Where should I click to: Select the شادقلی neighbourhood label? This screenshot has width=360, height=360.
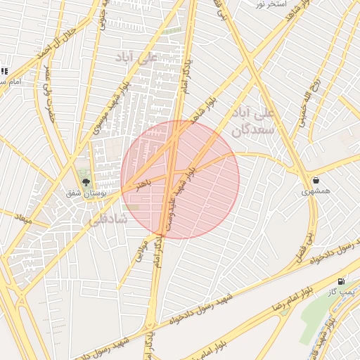(107, 219)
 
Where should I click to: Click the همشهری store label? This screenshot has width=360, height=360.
(315, 191)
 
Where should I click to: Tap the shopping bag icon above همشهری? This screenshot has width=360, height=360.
(315, 180)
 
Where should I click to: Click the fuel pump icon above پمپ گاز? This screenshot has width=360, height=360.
(342, 281)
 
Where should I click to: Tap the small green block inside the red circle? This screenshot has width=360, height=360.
(133, 207)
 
